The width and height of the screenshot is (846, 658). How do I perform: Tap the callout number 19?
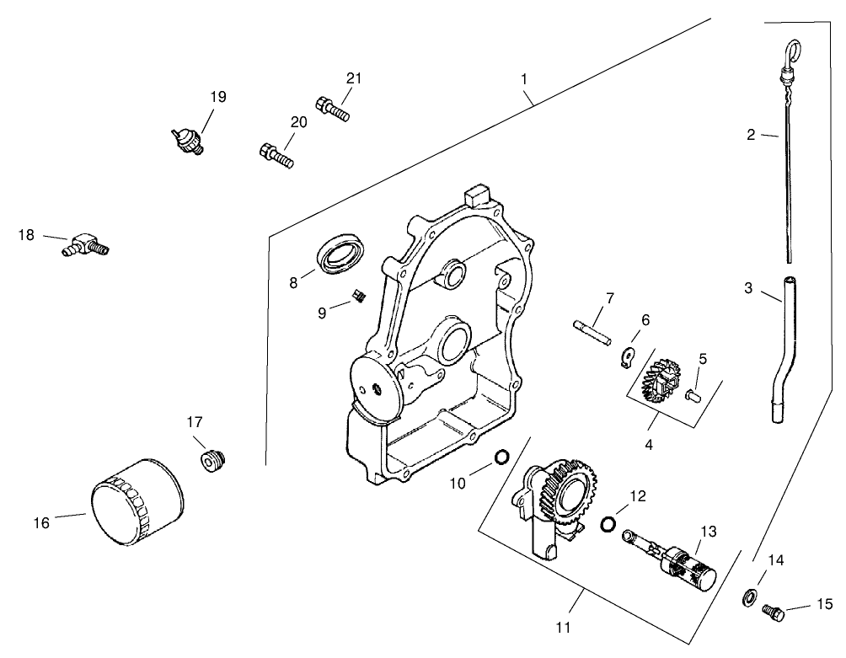pos(218,97)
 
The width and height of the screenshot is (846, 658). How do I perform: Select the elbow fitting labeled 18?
pos(84,245)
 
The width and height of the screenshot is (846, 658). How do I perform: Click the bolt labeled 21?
pos(333,109)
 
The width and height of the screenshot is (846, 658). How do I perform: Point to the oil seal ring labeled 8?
pos(340,251)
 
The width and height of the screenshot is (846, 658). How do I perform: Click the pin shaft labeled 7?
pos(592,329)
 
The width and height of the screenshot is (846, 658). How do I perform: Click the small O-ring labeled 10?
pos(501,457)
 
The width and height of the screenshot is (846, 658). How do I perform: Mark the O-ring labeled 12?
pos(607,525)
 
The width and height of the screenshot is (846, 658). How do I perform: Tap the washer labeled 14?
pos(747,598)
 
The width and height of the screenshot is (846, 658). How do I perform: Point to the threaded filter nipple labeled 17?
pos(211,462)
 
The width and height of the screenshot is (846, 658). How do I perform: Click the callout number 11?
pos(563,627)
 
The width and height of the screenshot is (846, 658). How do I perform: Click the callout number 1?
pos(524,78)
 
